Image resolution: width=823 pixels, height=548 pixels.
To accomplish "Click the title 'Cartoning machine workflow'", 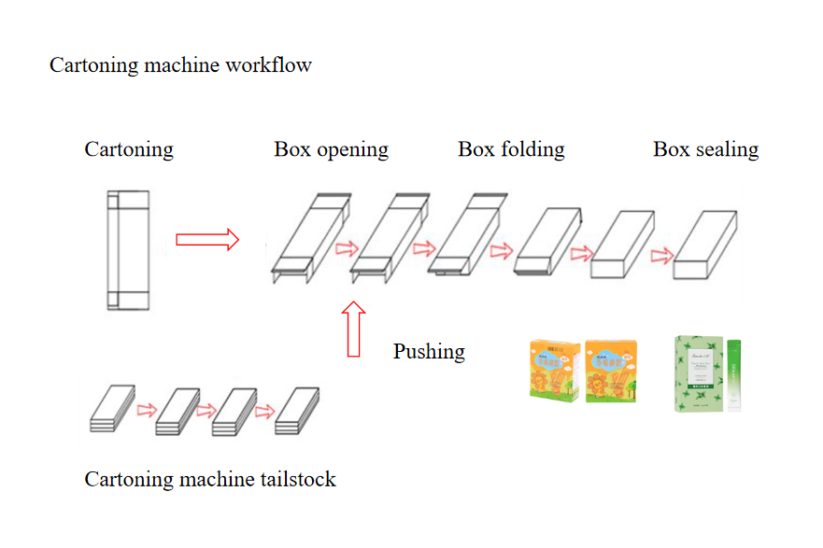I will [x=180, y=65].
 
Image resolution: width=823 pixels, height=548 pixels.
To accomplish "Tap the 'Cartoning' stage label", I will [x=129, y=149].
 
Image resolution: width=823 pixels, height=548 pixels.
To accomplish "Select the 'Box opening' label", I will [x=331, y=149].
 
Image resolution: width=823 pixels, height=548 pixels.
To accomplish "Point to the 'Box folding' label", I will [x=511, y=149].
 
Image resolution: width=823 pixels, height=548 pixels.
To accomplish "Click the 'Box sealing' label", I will [x=705, y=149].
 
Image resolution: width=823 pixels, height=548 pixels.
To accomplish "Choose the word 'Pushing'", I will [x=429, y=352].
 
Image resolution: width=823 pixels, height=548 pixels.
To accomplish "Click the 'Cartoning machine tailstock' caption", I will [x=210, y=480].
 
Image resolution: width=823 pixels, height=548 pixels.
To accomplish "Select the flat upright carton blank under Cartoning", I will [x=127, y=250].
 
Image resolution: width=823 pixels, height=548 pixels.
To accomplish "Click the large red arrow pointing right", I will [x=207, y=241].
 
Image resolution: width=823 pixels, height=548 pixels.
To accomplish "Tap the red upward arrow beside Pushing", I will [x=354, y=329].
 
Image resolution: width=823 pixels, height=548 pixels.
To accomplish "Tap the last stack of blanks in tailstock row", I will [x=298, y=412].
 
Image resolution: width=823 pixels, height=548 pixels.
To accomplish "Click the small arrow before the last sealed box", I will [x=663, y=254].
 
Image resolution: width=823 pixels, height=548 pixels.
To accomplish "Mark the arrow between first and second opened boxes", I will [x=347, y=248].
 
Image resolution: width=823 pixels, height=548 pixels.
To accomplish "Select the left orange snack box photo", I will [x=555, y=371].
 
